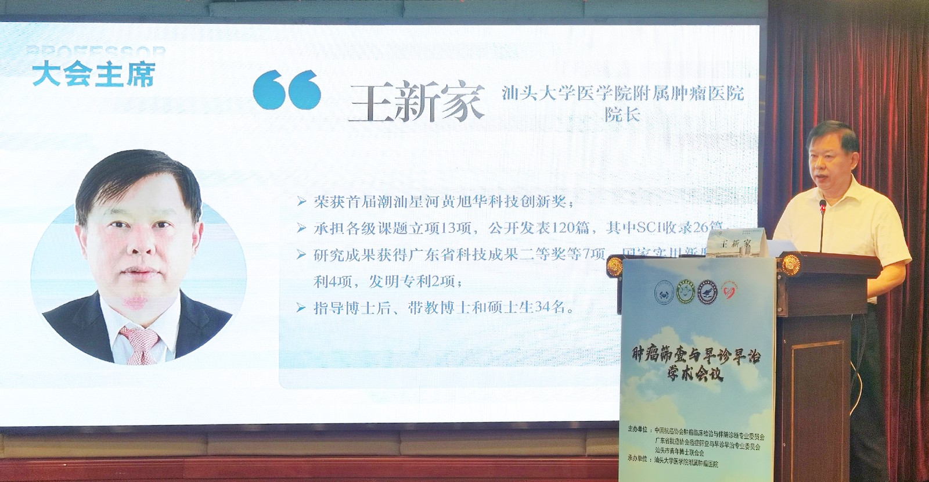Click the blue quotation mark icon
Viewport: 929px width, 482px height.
pyautogui.click(x=287, y=89)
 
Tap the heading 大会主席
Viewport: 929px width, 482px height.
pyautogui.click(x=93, y=75)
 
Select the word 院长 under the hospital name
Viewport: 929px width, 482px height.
pyautogui.click(x=622, y=114)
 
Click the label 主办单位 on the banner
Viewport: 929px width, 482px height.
pyautogui.click(x=639, y=430)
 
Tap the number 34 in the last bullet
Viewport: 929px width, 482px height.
pyautogui.click(x=542, y=308)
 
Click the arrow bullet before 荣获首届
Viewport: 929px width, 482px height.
pyautogui.click(x=301, y=202)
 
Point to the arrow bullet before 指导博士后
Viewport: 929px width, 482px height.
pyautogui.click(x=301, y=308)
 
